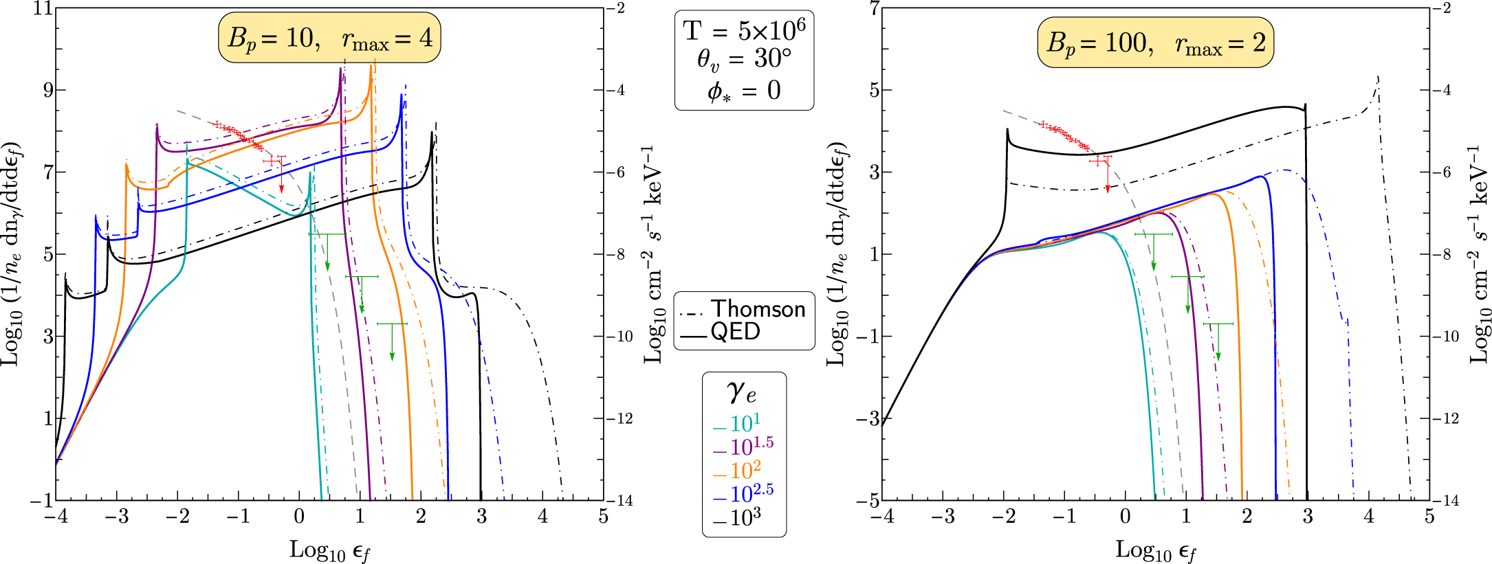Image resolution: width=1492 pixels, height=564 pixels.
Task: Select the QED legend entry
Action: [x=735, y=332]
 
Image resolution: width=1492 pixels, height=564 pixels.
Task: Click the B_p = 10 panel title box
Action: [x=329, y=38]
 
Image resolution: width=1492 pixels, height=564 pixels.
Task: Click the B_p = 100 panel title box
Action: [x=1155, y=43]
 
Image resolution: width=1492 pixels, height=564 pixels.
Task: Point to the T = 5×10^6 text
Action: [x=744, y=30]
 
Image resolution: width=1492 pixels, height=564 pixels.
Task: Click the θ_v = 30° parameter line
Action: [x=744, y=60]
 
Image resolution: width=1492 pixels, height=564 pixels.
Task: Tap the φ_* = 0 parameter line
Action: [x=744, y=90]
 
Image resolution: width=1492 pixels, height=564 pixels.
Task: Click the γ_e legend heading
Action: [x=741, y=392]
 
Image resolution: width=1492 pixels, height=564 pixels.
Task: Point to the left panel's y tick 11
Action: [x=43, y=9]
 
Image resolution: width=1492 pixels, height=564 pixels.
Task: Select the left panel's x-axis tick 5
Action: [x=603, y=517]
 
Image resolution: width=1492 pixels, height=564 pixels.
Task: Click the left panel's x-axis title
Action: [x=329, y=550]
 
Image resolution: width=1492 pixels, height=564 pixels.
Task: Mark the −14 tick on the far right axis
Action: [x=1448, y=501]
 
